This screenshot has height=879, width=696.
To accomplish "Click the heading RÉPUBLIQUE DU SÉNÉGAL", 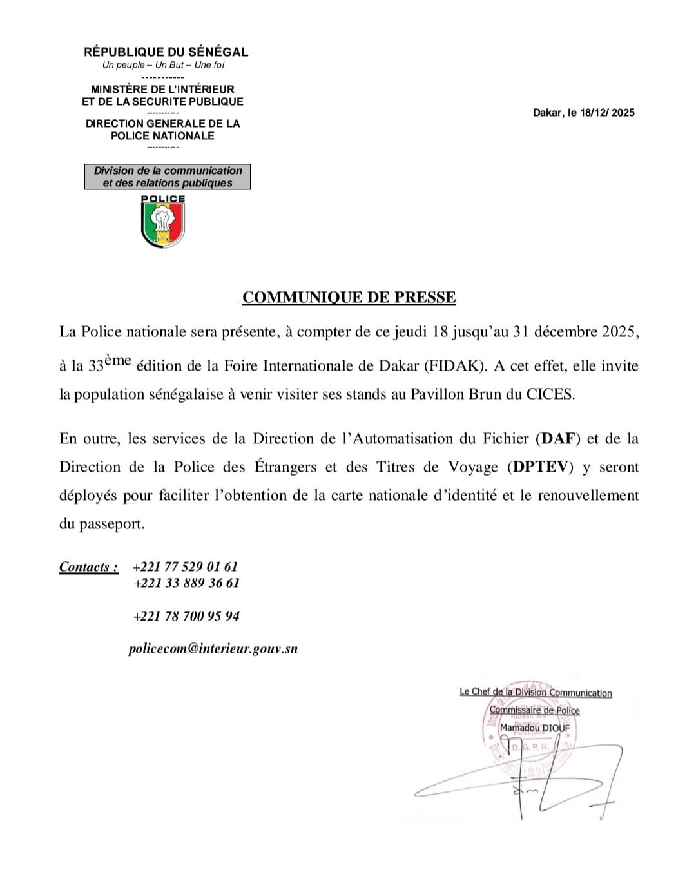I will (166, 52).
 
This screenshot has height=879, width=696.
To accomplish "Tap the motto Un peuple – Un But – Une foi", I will (163, 65).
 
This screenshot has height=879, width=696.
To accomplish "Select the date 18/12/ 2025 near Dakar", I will (607, 113).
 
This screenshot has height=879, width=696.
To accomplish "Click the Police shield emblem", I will (163, 222).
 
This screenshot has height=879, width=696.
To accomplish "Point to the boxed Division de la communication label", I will (168, 177).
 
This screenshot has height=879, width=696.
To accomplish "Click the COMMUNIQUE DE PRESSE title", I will (349, 297).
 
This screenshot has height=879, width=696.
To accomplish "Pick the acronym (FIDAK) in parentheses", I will (455, 366).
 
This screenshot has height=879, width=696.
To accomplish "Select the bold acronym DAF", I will (558, 439).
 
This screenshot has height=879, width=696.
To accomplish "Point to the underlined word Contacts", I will (88, 567).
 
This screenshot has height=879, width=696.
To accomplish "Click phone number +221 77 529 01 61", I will (185, 567).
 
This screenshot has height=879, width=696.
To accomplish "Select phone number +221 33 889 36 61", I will (186, 583).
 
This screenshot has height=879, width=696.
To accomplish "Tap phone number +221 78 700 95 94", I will (186, 616).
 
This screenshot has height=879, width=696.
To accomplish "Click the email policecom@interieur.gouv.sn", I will (213, 649).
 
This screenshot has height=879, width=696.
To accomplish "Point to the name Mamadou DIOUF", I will (535, 728).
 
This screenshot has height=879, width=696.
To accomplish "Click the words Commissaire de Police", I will (534, 710).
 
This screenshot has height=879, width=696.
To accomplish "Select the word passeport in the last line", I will (111, 524).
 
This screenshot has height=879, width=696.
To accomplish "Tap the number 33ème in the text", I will (110, 365).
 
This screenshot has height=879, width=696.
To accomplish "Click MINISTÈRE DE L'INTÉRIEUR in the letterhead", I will (162, 90).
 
